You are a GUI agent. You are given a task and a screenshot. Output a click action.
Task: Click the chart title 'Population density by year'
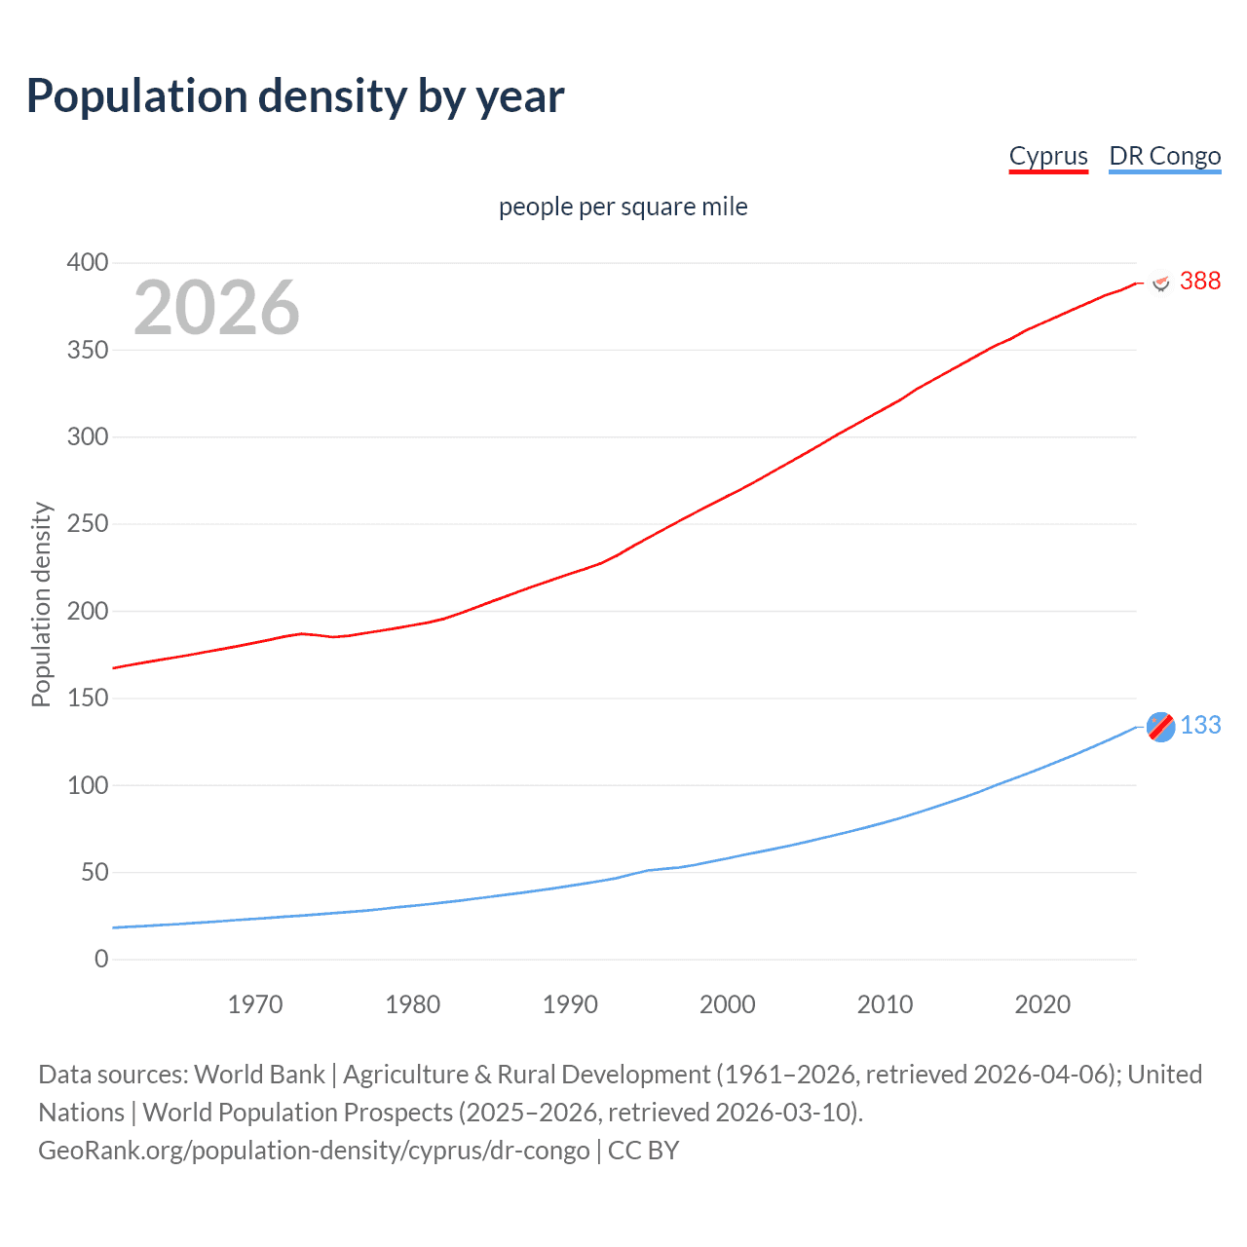pos(295,96)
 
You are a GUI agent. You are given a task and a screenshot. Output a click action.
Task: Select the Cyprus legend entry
pos(1047,156)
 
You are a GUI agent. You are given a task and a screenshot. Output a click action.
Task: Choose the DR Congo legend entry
pos(1164,156)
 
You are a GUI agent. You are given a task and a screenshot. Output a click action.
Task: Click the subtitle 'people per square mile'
pos(623,207)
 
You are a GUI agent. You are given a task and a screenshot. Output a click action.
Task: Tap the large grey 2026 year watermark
pos(216,308)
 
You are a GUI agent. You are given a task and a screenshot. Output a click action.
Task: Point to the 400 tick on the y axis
pos(88,263)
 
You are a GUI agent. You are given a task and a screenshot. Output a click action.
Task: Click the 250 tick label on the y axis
pos(88,524)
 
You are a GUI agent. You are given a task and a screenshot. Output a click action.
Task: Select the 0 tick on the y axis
pos(101,960)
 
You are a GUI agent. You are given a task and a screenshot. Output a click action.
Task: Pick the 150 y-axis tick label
pos(88,699)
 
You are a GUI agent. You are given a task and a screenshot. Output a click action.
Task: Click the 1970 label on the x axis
pos(255,1004)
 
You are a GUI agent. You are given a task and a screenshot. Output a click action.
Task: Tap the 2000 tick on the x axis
pos(728,1004)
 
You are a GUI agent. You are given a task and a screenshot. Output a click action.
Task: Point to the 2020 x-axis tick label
pos(1042,1004)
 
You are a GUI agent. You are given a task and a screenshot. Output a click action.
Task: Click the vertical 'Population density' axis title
pos(41,604)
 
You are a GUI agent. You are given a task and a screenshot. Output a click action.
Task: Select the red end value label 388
pos(1200,282)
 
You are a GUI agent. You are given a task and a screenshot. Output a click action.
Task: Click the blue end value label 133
pos(1200,726)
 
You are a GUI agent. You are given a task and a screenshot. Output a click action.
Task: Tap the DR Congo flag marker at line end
pos(1160,727)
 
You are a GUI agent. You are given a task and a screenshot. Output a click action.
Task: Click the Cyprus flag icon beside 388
pos(1160,283)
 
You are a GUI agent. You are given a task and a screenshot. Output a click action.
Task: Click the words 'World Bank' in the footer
pos(259,1075)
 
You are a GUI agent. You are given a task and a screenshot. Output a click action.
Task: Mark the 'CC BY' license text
pos(643,1151)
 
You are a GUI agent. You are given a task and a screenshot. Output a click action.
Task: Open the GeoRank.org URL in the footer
pos(314,1151)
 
